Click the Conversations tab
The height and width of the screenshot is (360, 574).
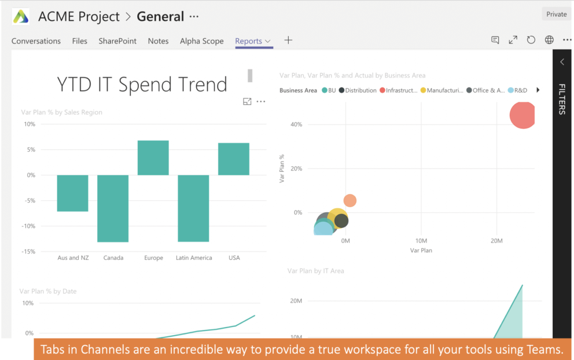[36, 41]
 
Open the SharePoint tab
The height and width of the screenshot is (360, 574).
[117, 41]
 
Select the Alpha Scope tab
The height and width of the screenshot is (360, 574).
[201, 41]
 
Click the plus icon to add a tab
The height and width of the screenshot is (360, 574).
[288, 41]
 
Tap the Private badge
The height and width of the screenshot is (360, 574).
[556, 14]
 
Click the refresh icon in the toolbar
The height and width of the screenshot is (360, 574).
[531, 41]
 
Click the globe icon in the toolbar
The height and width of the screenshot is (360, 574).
[549, 41]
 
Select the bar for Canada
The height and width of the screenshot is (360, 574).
[113, 208]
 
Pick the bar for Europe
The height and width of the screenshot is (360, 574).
[153, 158]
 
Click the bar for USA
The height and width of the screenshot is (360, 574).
[234, 159]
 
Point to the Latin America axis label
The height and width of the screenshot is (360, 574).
[194, 258]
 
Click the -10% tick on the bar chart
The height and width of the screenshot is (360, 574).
[28, 226]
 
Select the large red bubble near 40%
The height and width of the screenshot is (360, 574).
[523, 115]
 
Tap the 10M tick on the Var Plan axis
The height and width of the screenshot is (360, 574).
[421, 240]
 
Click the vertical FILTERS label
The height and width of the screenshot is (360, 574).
[561, 99]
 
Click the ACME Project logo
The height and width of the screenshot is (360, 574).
[21, 17]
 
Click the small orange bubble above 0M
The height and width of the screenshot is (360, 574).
[349, 201]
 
